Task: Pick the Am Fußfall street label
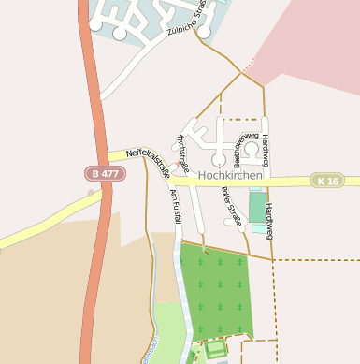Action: (176, 206)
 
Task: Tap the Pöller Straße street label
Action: (231, 207)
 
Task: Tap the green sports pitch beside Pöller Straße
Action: (257, 205)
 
